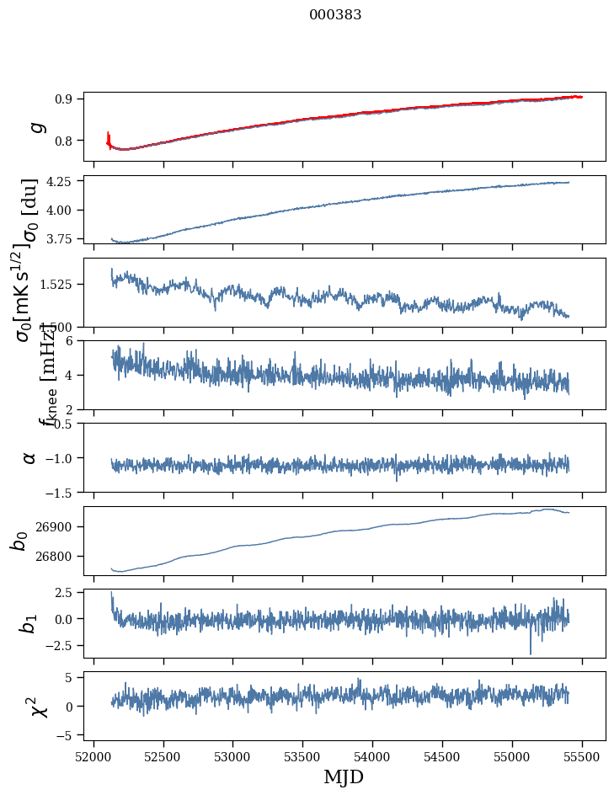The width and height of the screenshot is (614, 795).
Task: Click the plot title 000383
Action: tap(335, 15)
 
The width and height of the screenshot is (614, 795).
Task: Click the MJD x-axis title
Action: tap(344, 777)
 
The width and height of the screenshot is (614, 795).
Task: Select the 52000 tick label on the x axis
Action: tap(93, 756)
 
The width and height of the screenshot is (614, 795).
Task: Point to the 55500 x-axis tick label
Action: tap(582, 756)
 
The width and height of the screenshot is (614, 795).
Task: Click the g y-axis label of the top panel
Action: tap(35, 127)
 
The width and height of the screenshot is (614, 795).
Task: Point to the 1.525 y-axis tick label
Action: tap(59, 285)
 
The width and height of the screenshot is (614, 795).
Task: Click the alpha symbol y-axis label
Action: tap(29, 457)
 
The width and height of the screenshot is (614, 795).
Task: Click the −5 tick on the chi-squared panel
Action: tap(67, 735)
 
